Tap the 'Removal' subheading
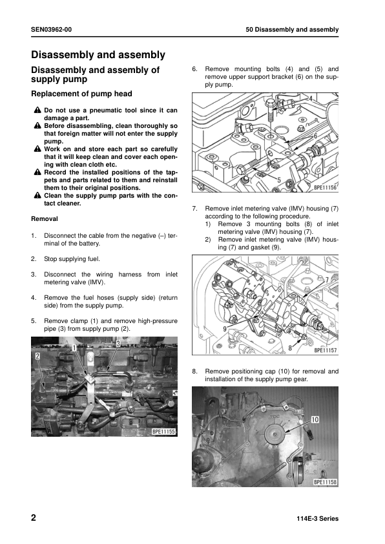pyautogui.click(x=45, y=219)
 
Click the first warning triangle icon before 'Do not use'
pyautogui.click(x=37, y=110)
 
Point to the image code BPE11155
pyautogui.click(x=164, y=431)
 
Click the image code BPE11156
pyautogui.click(x=326, y=188)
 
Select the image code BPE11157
pyautogui.click(x=326, y=351)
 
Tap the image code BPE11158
pyautogui.click(x=326, y=482)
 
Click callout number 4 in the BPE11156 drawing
pyautogui.click(x=310, y=99)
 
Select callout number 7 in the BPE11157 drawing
pyautogui.click(x=327, y=279)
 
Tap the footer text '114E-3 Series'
pyautogui.click(x=317, y=519)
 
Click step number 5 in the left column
pyautogui.click(x=33, y=320)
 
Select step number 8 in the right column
pyautogui.click(x=194, y=371)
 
